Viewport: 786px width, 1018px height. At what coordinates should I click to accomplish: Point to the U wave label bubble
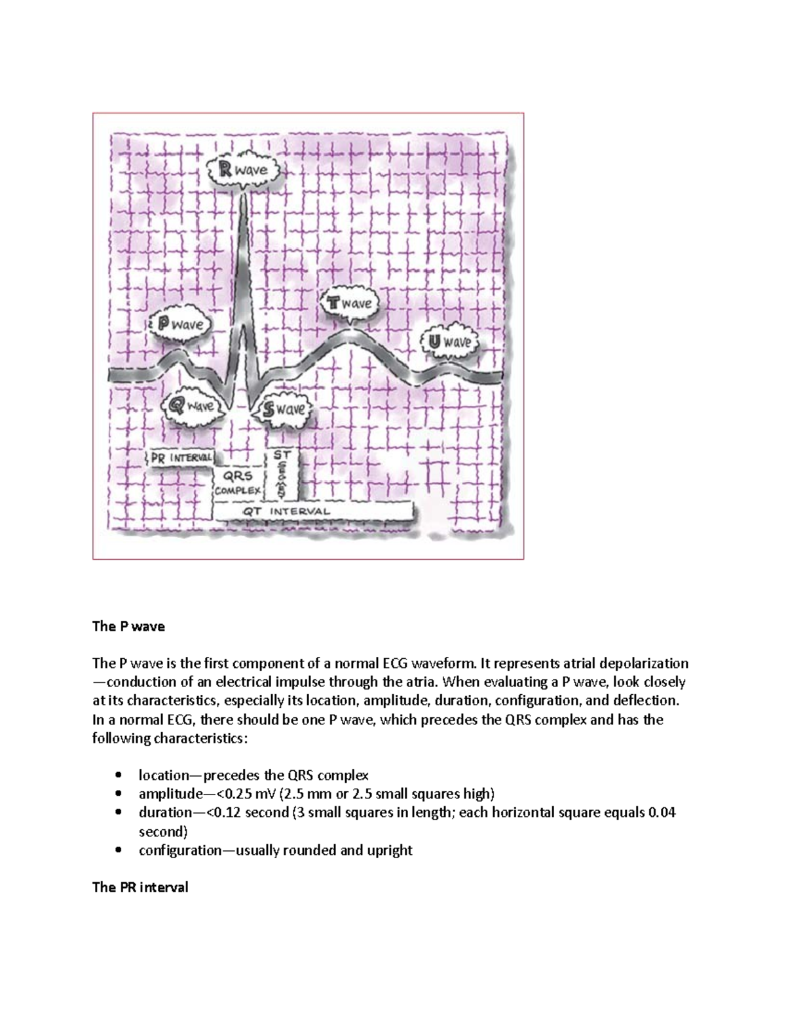[x=449, y=343]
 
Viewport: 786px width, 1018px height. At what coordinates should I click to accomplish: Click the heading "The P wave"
[x=128, y=626]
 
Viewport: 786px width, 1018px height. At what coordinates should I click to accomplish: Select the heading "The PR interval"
[x=140, y=888]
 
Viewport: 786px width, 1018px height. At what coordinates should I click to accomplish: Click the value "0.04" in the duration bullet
[x=662, y=813]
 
